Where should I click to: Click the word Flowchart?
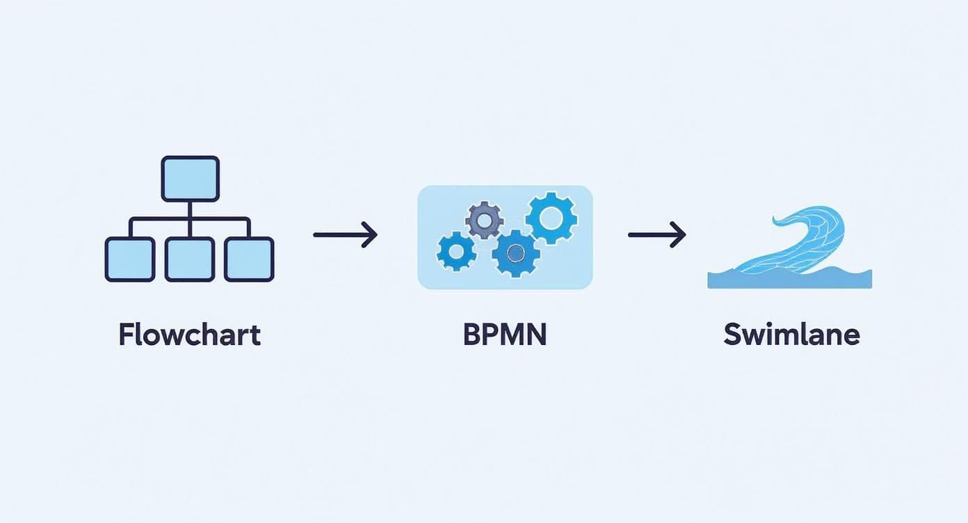[189, 335]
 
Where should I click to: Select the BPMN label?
[505, 335]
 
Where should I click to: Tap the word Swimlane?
[791, 335]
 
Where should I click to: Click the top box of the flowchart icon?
[190, 178]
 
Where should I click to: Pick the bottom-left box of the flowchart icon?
[130, 259]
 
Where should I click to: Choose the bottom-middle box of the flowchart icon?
[190, 259]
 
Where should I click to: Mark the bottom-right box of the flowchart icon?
[249, 259]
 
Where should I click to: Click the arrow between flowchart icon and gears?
[345, 235]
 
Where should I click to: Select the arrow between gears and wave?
[656, 235]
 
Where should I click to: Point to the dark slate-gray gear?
[484, 221]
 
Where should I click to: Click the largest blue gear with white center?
[550, 218]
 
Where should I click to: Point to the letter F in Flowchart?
[126, 335]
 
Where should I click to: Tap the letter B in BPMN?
[471, 335]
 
